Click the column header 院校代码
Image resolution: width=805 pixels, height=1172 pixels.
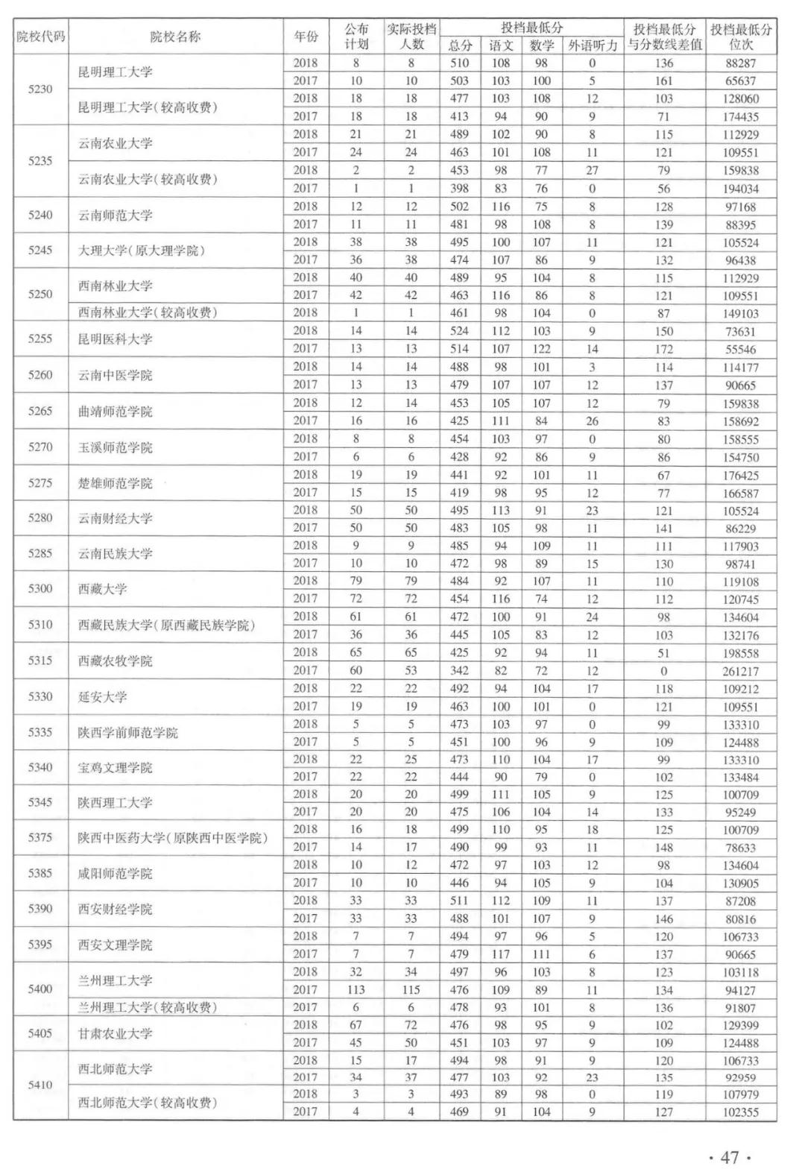41,37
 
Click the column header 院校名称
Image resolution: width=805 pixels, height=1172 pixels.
175,37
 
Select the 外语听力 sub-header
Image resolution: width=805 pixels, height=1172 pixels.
592,45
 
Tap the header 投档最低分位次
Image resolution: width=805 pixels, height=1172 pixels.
741,37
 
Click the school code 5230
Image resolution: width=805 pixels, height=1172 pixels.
40,89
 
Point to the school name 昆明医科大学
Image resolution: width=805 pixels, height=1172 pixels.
116,339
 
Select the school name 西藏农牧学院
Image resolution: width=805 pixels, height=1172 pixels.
116,661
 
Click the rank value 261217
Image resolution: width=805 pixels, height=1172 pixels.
741,671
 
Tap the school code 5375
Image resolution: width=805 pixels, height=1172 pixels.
40,838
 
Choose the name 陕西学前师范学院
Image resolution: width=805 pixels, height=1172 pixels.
128,733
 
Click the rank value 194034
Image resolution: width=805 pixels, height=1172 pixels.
741,189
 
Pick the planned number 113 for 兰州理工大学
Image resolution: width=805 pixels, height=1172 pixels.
356,990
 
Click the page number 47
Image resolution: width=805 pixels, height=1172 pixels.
729,1157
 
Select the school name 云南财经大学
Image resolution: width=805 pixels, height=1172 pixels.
116,519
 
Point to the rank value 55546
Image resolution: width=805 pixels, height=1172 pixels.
741,349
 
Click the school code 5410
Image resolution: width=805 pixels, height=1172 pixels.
40,1086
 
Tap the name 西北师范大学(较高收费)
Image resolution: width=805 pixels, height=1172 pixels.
148,1103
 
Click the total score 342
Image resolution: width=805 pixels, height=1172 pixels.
459,671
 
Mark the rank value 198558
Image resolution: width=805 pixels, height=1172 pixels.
741,653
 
